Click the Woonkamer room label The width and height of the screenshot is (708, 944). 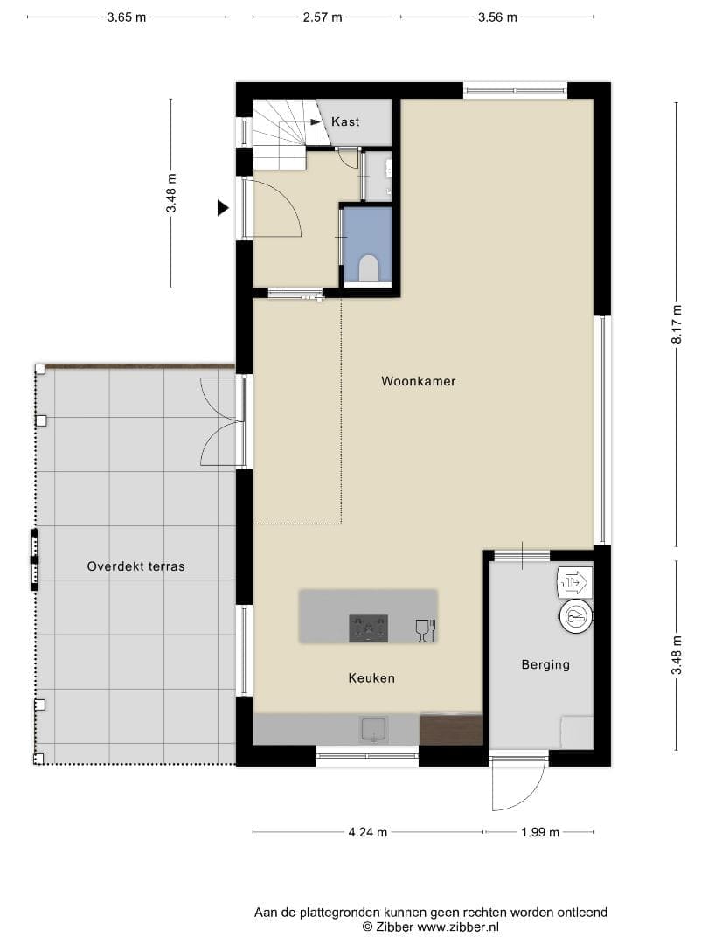(419, 381)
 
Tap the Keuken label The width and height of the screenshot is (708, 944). (371, 678)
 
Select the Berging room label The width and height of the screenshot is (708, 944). (545, 664)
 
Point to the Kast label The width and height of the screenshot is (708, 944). (345, 121)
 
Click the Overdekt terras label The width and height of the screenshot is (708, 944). (135, 566)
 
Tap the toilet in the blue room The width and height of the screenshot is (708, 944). (369, 268)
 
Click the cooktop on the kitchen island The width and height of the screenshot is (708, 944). (369, 628)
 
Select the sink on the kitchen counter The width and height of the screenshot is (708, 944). (374, 730)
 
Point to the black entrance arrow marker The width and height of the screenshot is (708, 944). (224, 208)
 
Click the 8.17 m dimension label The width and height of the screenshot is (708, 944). (677, 324)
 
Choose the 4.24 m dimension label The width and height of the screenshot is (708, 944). (368, 832)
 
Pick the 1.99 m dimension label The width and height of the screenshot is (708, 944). (540, 832)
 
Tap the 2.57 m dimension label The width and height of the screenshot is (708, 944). (322, 17)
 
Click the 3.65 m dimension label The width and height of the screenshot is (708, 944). (127, 17)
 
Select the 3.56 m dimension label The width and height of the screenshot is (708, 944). (497, 17)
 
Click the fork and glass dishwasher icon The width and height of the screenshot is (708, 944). (425, 630)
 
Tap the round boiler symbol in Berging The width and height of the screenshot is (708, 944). (576, 616)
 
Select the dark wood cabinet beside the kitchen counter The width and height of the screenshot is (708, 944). (452, 730)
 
